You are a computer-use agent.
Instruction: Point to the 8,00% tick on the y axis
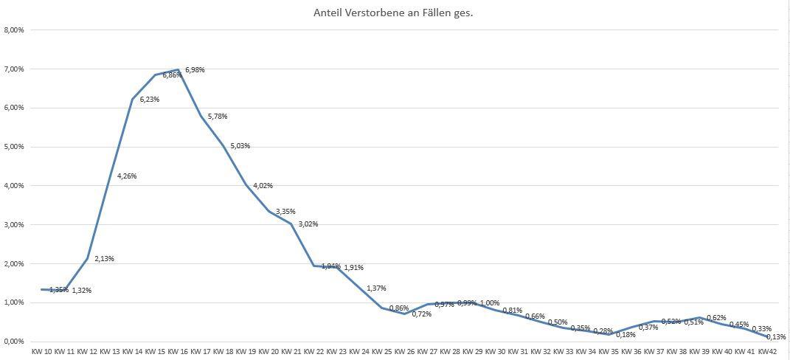[14, 30]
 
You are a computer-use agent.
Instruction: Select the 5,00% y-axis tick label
[14, 147]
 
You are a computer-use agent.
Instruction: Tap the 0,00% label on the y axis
[14, 342]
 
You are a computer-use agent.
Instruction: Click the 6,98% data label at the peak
[195, 70]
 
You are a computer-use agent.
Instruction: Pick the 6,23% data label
[150, 99]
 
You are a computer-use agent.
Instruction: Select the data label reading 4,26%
[127, 176]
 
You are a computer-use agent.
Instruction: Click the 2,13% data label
[104, 259]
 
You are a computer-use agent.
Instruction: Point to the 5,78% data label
[218, 117]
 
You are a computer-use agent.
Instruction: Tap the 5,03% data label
[240, 146]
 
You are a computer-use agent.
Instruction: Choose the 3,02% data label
[308, 224]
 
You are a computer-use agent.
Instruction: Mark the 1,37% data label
[376, 288]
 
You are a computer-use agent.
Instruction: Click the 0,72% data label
[422, 314]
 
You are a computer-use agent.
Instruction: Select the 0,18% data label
[626, 335]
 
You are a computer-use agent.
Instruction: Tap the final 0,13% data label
[776, 337]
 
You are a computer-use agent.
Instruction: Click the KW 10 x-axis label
[42, 351]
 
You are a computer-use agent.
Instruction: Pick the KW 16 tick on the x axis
[178, 351]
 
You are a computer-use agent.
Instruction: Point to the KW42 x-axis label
[768, 351]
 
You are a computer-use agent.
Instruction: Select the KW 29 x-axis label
[473, 351]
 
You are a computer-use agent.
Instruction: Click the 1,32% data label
[81, 291]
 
